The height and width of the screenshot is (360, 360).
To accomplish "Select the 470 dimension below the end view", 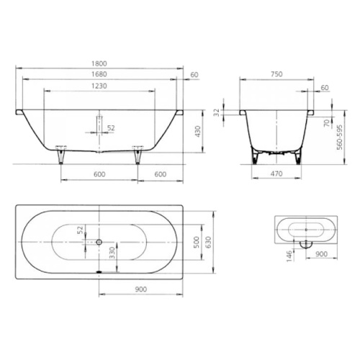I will pos(276,174).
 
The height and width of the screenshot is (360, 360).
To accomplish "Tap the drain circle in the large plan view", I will pos(99,242).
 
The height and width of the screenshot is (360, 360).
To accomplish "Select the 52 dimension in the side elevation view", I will pos(110,128).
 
